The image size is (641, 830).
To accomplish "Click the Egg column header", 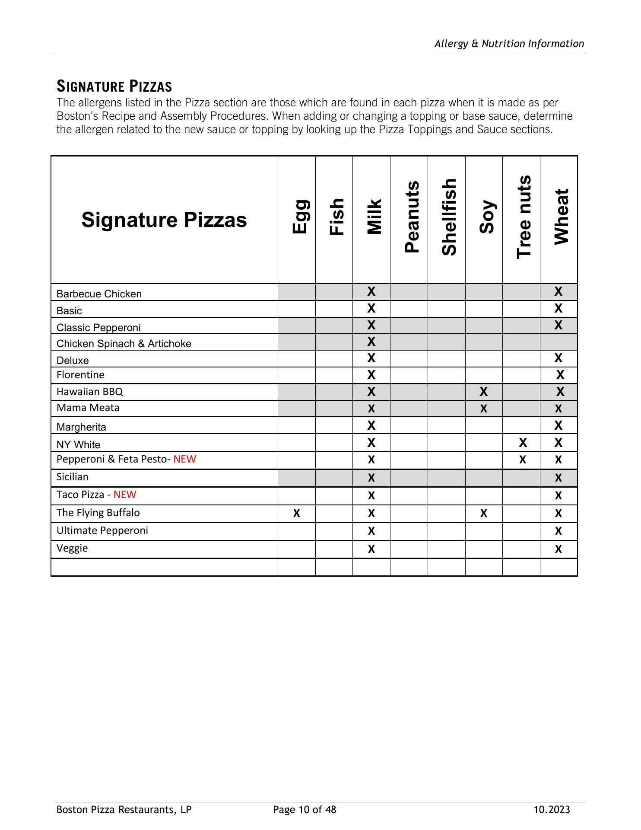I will coord(300,217).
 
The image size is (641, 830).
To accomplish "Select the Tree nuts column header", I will coord(524,217).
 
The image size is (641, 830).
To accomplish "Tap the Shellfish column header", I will coord(449,217).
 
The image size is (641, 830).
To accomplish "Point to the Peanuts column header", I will coord(412,217).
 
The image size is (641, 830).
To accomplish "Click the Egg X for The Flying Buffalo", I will coord(296,514).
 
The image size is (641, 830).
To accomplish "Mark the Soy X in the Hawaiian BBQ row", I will coord(484,392).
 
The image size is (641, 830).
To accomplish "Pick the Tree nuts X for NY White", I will coord(523,443).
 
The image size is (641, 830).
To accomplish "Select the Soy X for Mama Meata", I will coord(484,409).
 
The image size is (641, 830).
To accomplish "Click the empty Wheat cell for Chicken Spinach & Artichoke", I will coord(558,342).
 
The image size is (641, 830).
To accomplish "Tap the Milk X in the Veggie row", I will coord(371,549).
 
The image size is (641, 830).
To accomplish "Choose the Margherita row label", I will coord(81,427).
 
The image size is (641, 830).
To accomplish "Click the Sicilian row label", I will coord(73,477).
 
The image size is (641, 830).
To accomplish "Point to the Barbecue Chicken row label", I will coord(99,294).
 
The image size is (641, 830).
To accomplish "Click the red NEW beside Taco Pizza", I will coord(125,495).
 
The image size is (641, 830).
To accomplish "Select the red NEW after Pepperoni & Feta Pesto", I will coord(184,459).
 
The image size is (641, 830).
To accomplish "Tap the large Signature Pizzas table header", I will coord(164,220).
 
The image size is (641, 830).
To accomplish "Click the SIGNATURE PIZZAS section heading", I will coord(114,86).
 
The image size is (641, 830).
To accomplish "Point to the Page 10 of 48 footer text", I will coord(305,810).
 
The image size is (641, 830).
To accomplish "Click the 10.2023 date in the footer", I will coord(552,810).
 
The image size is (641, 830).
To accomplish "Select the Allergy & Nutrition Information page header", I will coord(509,44).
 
